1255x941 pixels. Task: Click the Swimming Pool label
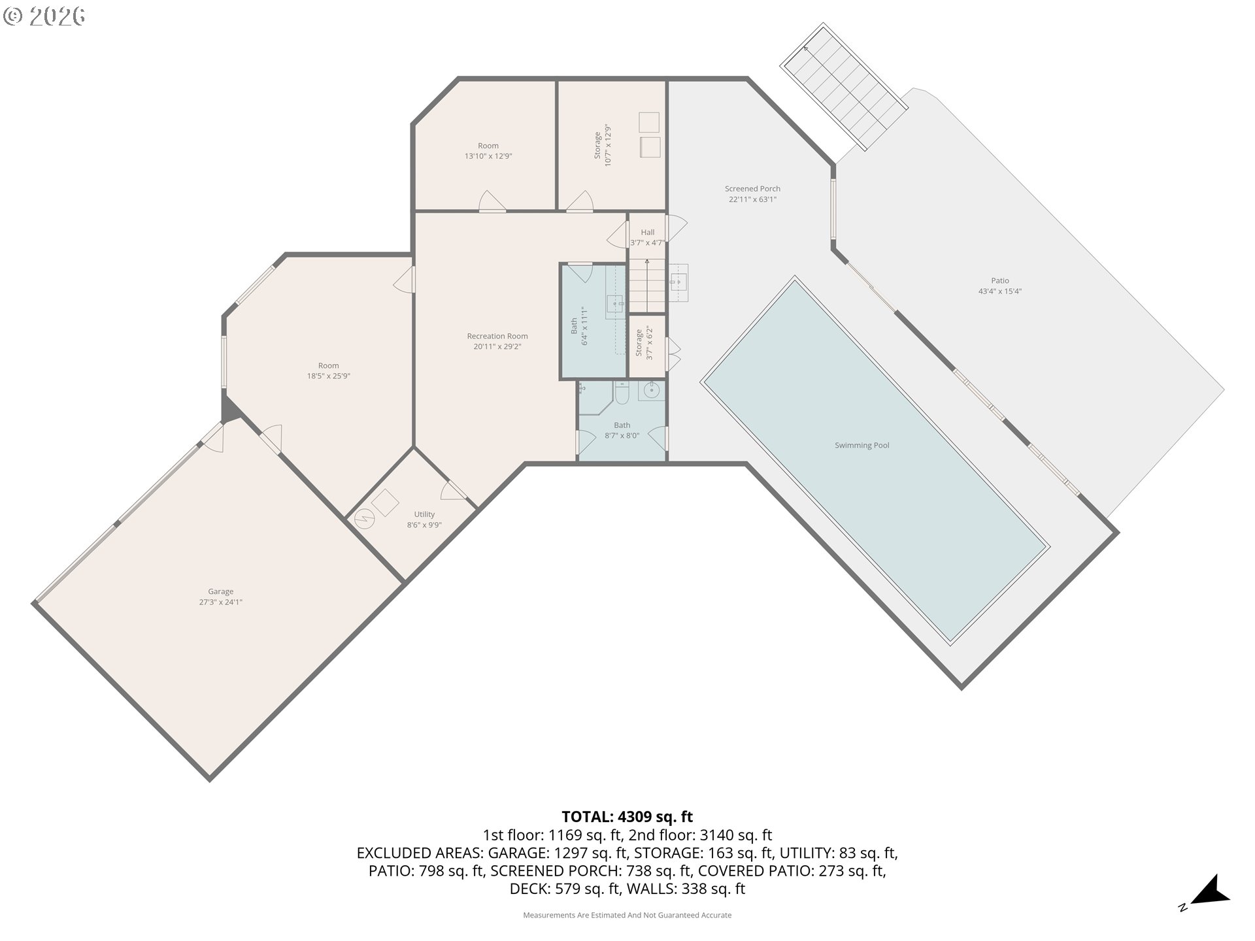862,445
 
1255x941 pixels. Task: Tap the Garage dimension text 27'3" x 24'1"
220,602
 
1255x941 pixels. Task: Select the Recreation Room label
497,336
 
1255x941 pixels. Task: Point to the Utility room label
424,514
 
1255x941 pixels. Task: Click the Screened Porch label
752,189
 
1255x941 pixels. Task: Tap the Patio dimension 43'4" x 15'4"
999,291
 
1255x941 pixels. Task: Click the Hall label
647,232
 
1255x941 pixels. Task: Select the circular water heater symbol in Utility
364,520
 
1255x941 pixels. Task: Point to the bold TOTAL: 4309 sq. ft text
627,817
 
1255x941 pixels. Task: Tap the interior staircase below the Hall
646,286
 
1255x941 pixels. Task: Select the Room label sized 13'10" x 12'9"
488,146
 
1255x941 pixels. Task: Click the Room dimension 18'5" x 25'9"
328,376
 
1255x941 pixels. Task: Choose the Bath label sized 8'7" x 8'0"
622,425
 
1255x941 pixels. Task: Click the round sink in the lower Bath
651,391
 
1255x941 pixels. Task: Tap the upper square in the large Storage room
648,122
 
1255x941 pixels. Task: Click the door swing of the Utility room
452,490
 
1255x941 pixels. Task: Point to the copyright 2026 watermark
44,16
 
